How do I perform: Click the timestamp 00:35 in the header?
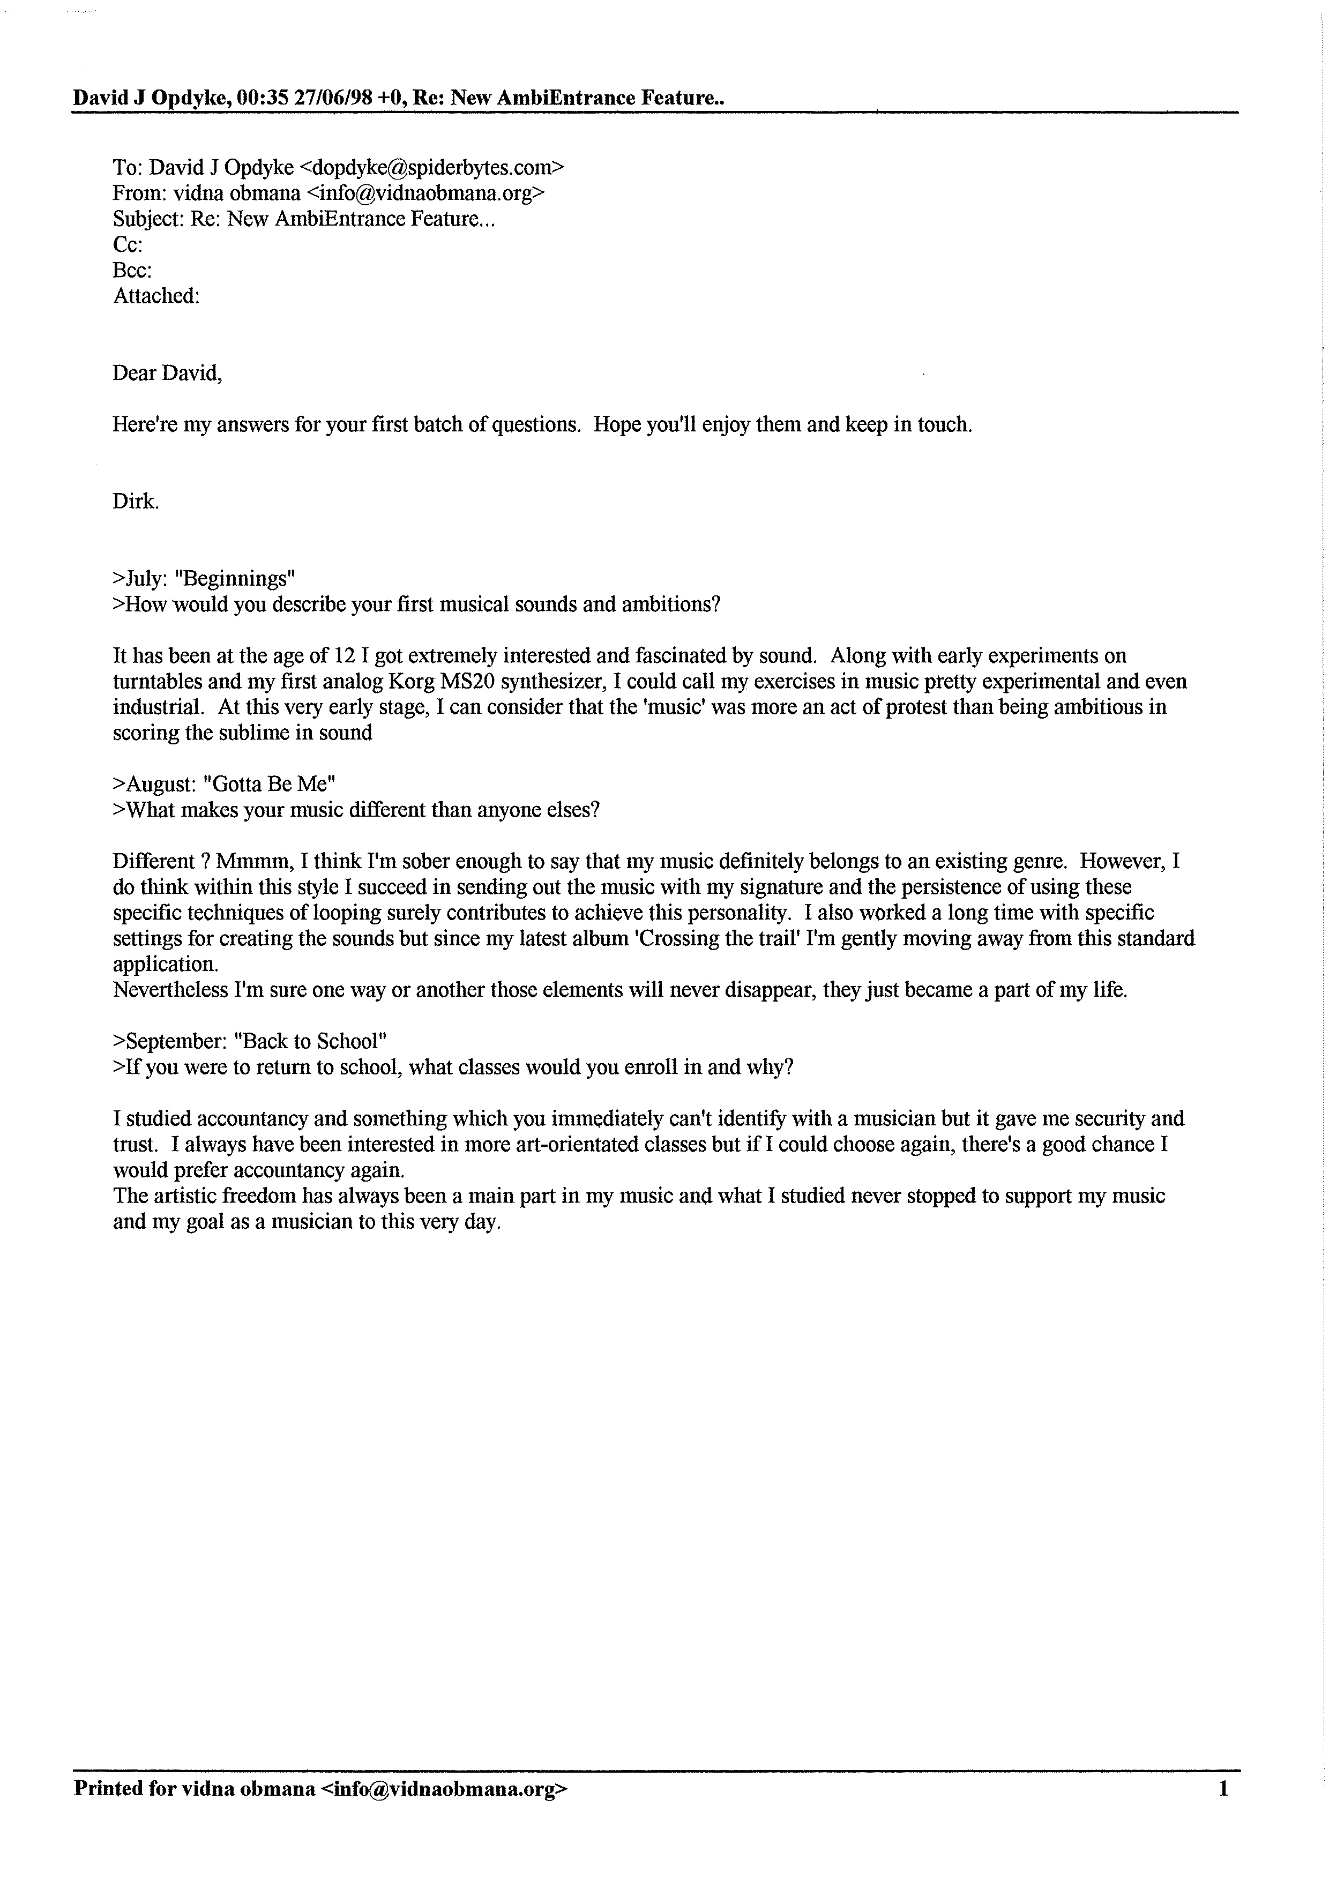pos(261,99)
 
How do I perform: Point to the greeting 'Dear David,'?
pos(167,374)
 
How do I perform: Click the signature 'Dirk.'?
pos(135,502)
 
